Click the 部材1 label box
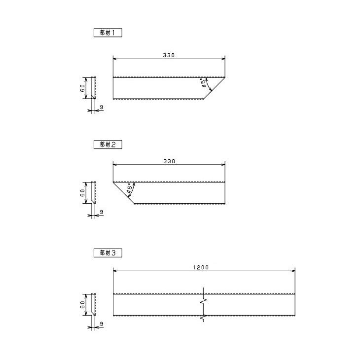(108, 33)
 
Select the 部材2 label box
(108, 144)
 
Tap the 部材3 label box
(108, 253)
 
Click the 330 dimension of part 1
(169, 55)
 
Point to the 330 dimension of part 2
(169, 161)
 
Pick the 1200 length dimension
(201, 267)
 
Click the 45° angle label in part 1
(204, 83)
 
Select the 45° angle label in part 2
(130, 188)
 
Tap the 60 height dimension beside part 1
(82, 88)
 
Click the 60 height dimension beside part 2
(82, 193)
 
